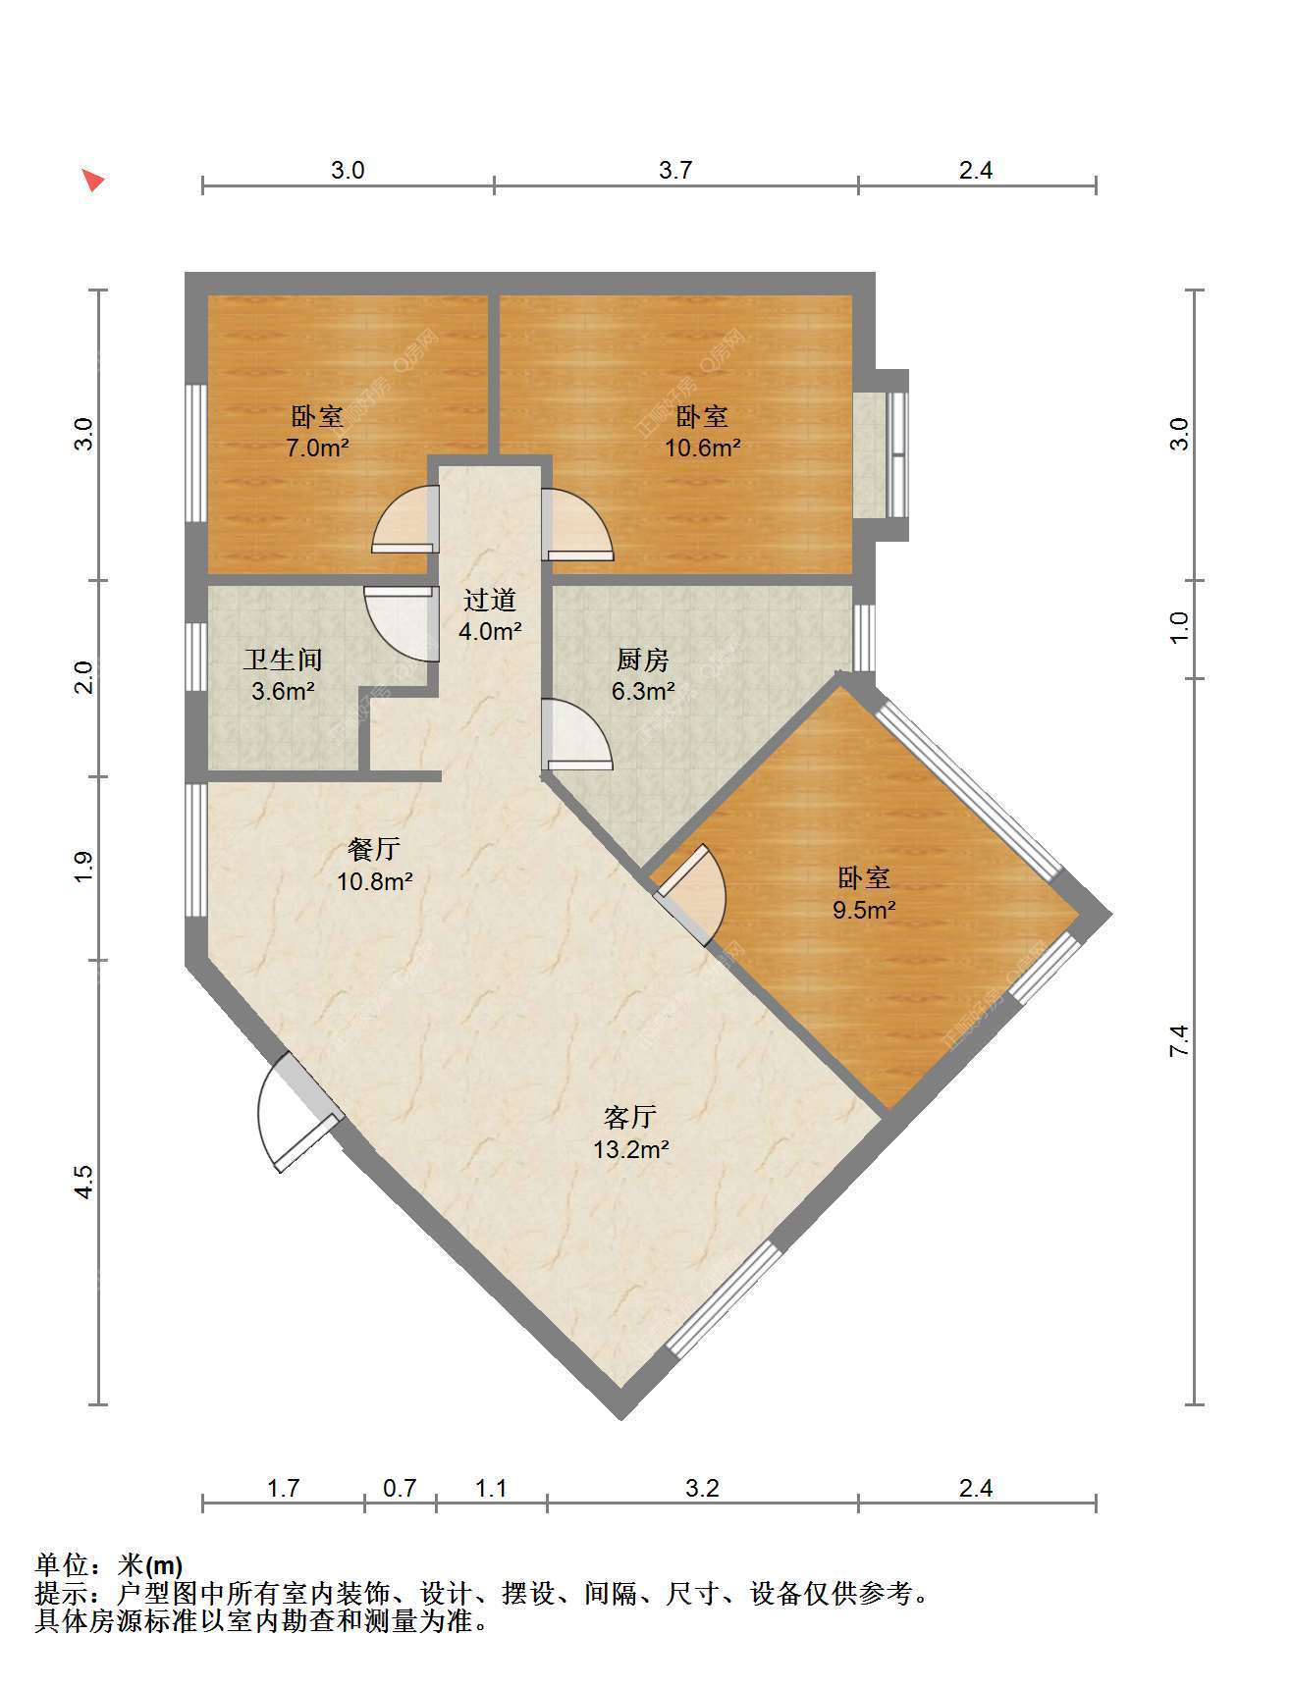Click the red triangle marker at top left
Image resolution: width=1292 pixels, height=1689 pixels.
tap(92, 180)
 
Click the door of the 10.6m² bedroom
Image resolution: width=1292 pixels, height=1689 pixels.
tap(577, 524)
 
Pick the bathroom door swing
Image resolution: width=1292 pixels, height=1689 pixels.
tap(400, 624)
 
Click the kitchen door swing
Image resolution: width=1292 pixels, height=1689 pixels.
tap(577, 732)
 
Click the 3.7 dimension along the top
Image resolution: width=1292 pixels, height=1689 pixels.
tap(675, 171)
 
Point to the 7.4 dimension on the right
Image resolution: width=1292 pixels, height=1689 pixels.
tap(1179, 1040)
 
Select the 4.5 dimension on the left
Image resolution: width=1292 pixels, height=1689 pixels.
tap(84, 1182)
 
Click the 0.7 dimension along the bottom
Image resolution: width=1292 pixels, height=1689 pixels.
tap(400, 1489)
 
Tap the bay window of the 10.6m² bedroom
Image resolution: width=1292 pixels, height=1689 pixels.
tap(881, 454)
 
